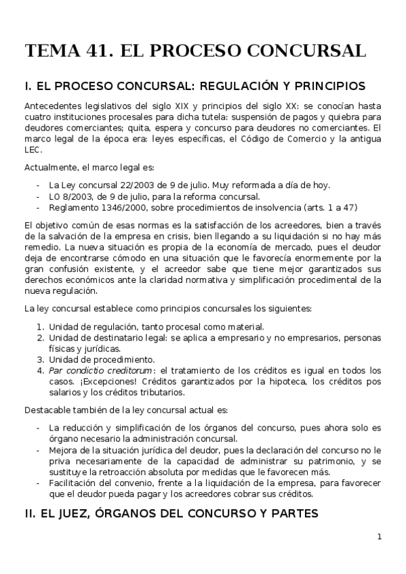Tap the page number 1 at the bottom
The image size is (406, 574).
tap(380, 537)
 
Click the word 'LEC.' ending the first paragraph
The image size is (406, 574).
tap(33, 150)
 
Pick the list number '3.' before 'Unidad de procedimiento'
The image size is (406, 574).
tap(40, 359)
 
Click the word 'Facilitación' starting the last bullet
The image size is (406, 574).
tap(74, 482)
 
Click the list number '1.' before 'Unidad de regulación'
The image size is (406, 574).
tap(40, 327)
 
